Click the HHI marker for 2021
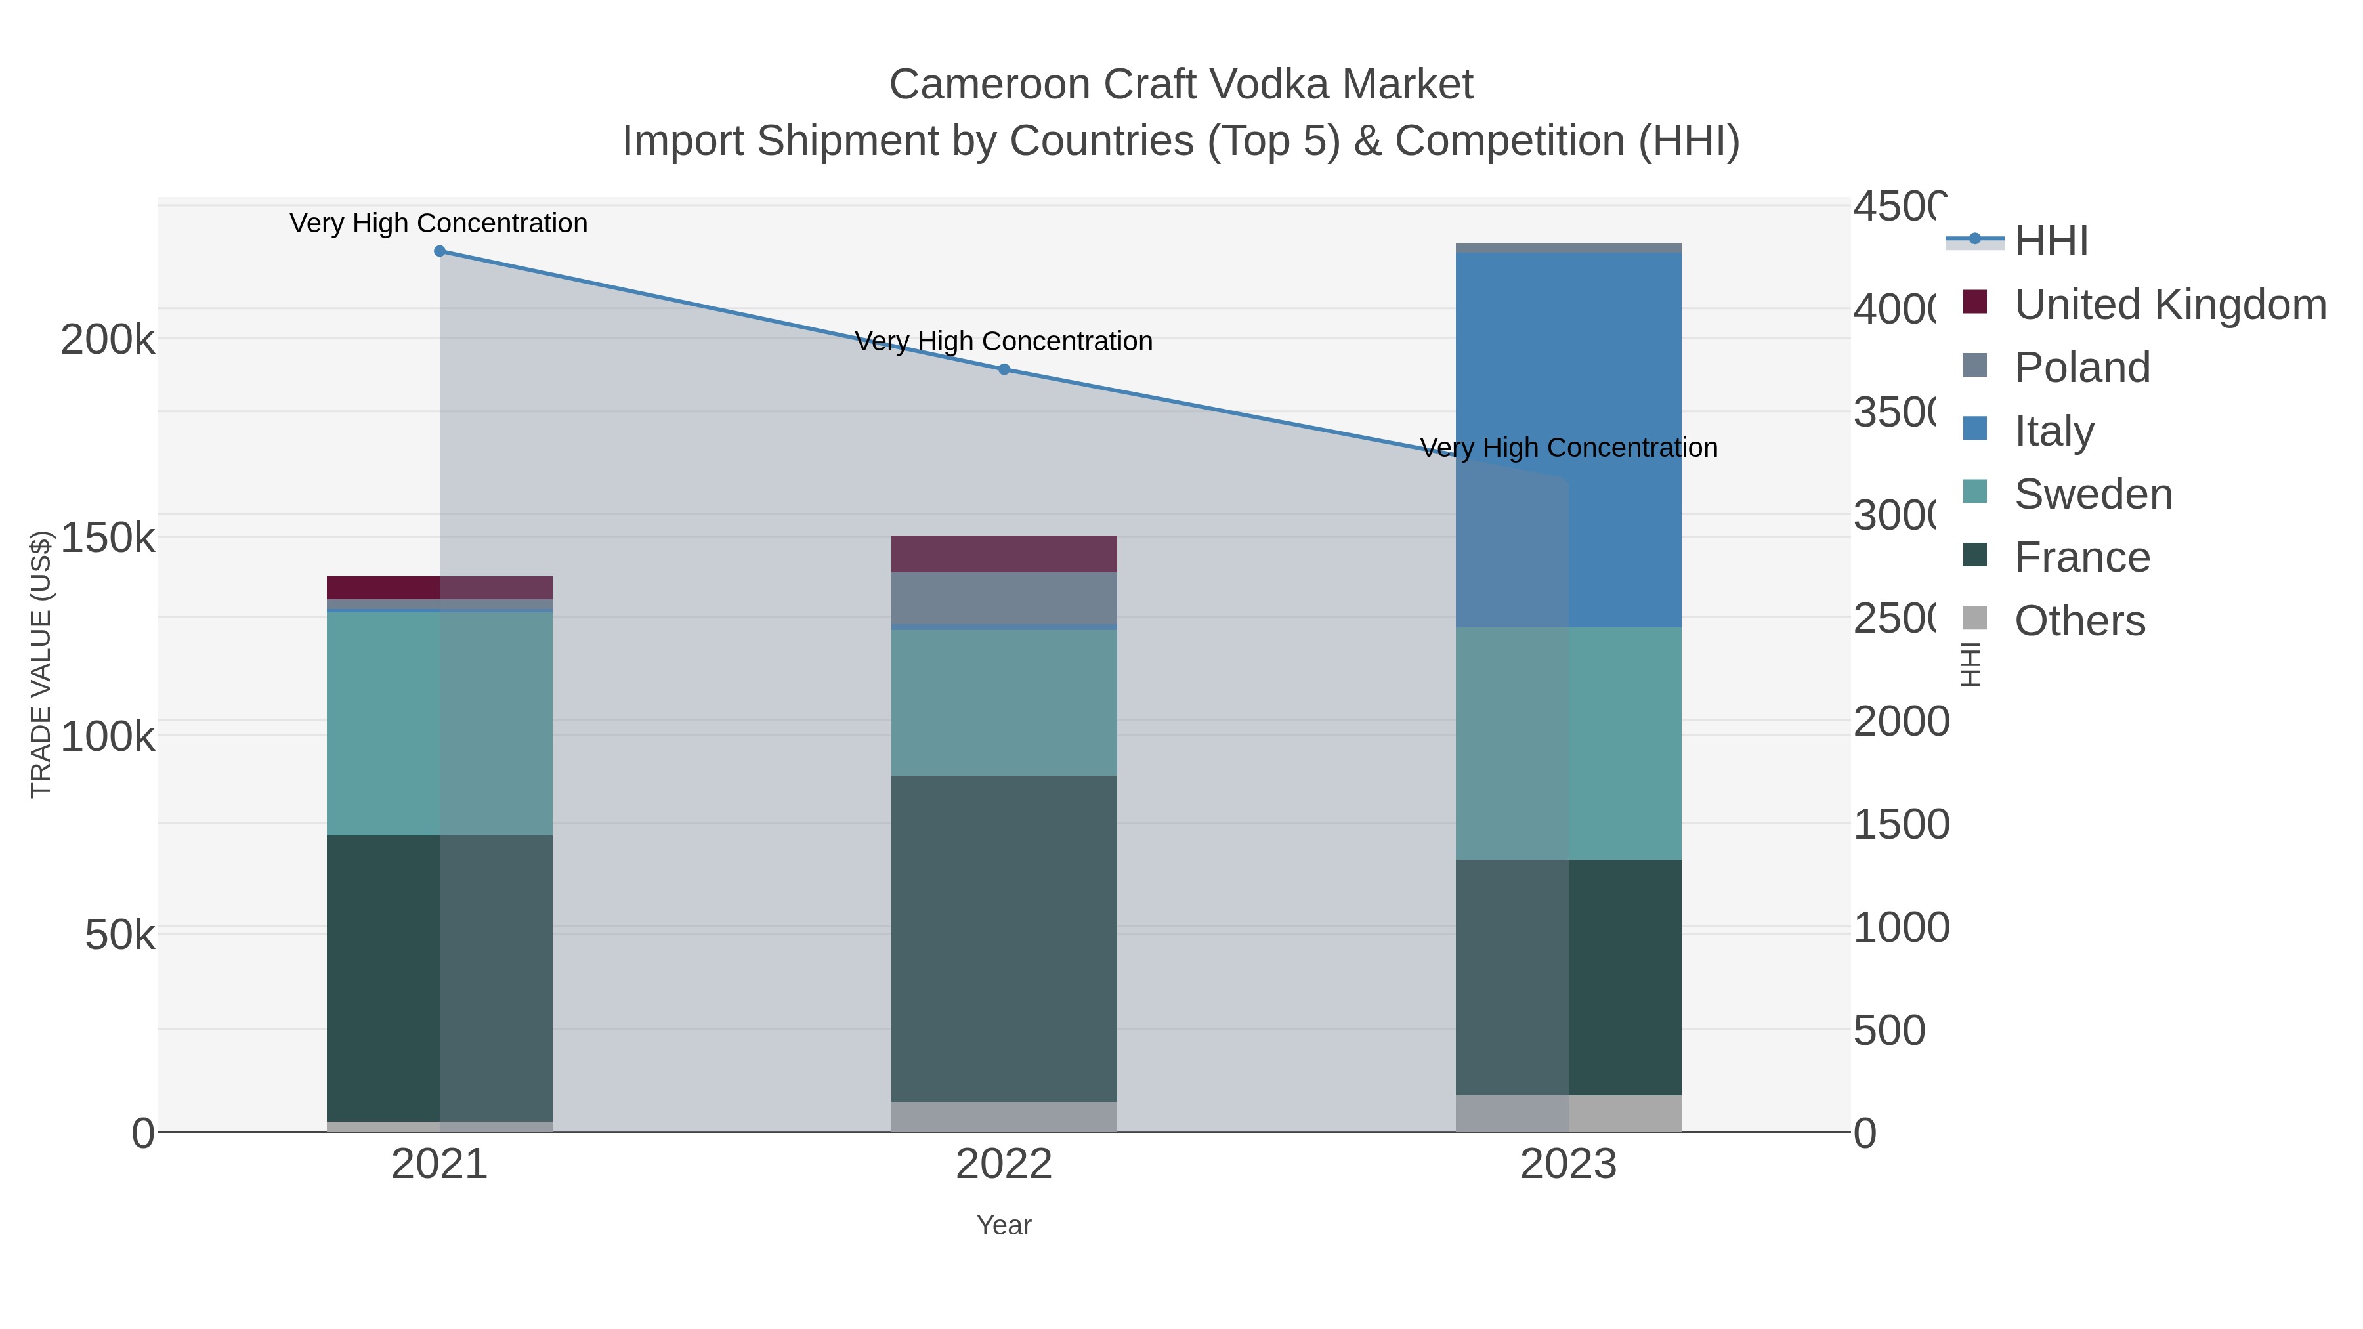tap(439, 251)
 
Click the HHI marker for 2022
tap(1004, 369)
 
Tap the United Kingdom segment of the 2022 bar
tap(1004, 554)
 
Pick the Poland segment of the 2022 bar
tap(1004, 598)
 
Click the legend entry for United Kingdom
tap(2169, 305)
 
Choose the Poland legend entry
tap(2082, 368)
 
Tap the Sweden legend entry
tap(2093, 494)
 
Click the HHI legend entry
tap(2051, 242)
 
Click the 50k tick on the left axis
tap(119, 935)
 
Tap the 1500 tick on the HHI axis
tap(1901, 824)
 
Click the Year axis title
tap(1004, 1225)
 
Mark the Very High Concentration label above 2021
tap(438, 223)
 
